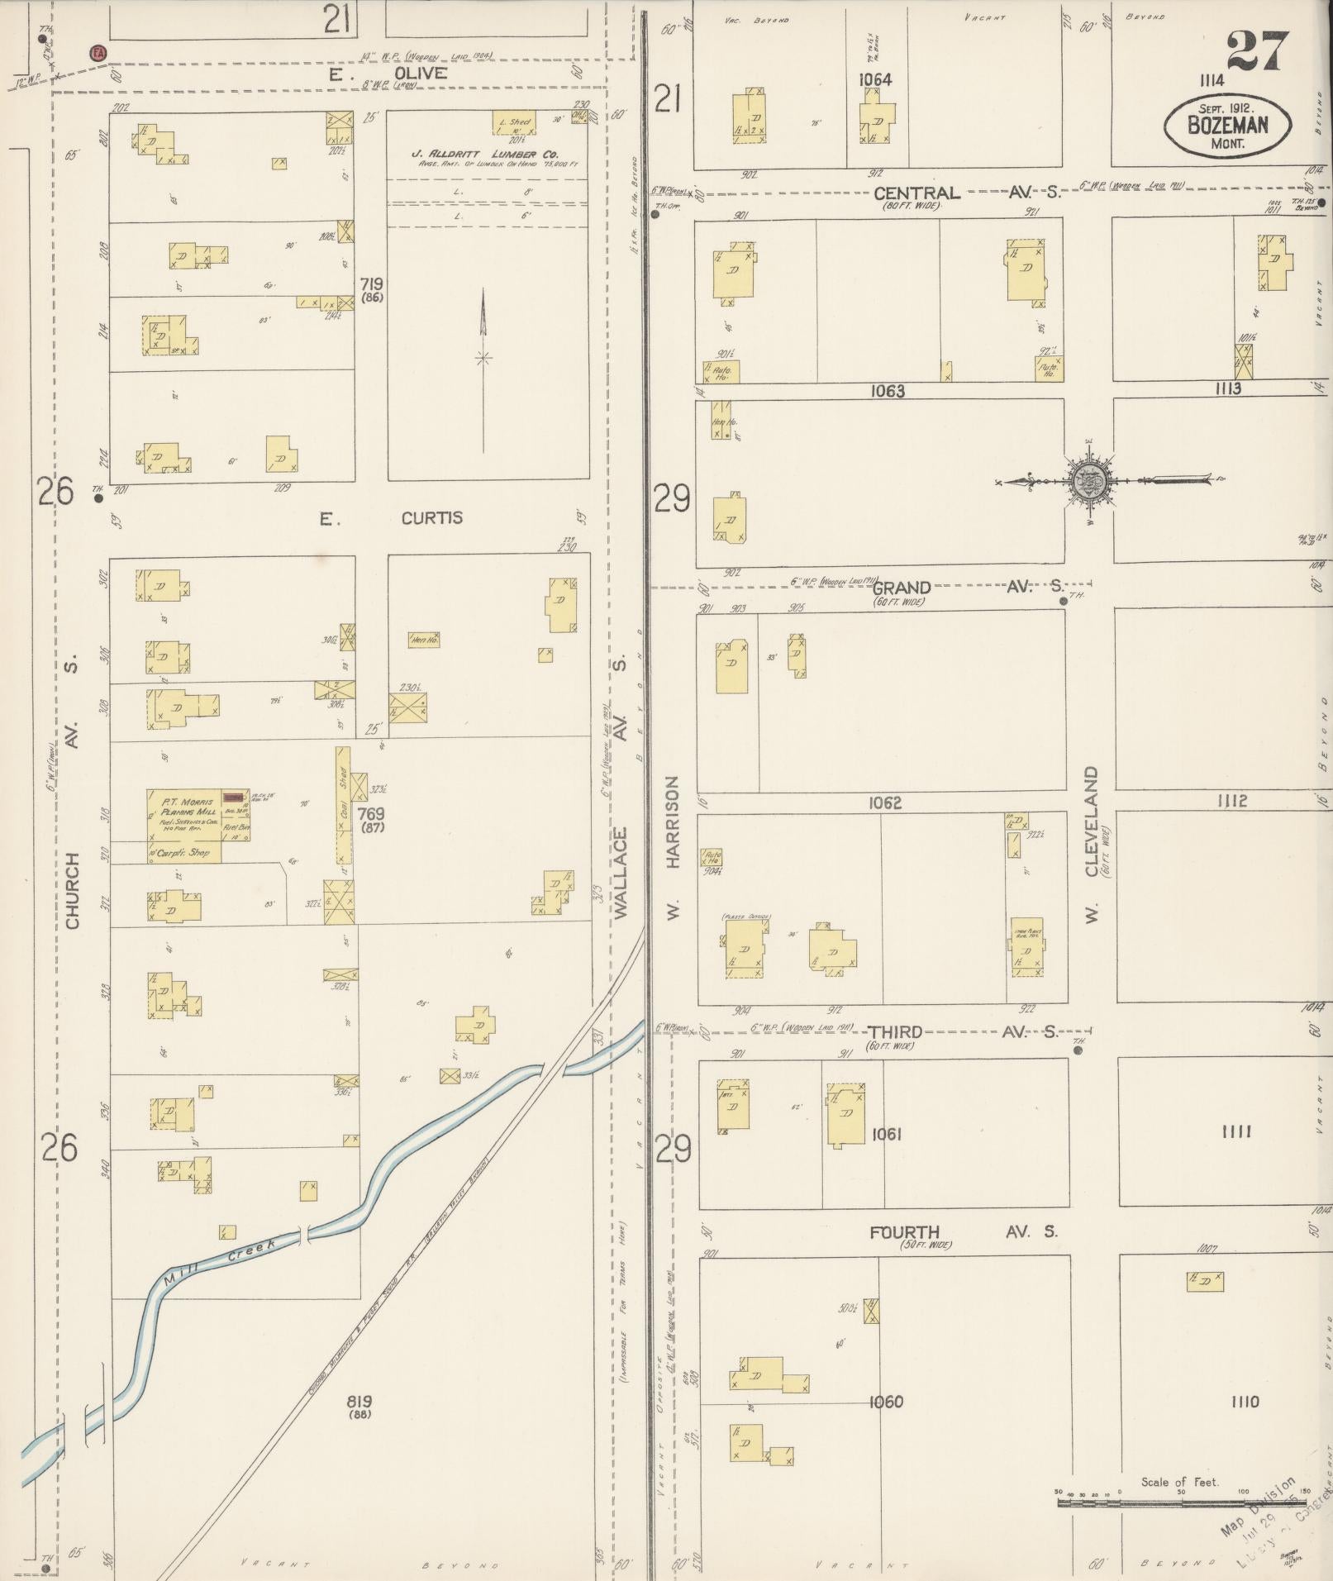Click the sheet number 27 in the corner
(1257, 51)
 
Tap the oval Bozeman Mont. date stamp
(1227, 126)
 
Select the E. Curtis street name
(392, 518)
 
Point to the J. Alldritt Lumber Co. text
(485, 155)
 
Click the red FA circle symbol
(98, 53)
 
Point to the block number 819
(359, 1402)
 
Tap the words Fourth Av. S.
(962, 1232)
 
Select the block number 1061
(886, 1134)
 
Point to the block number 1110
(1244, 1402)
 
